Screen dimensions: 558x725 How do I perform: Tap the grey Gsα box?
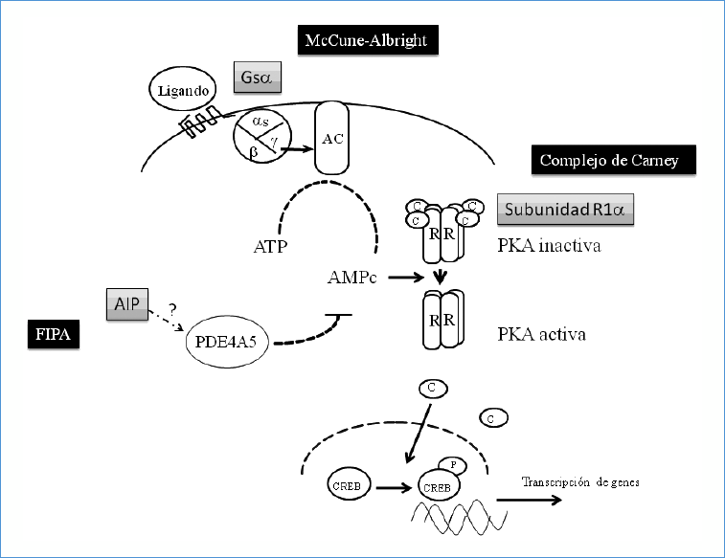(x=258, y=77)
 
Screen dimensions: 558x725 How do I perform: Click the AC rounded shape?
(x=332, y=140)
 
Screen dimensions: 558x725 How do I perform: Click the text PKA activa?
(x=541, y=335)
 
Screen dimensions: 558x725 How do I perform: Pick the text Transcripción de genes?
(x=580, y=482)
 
